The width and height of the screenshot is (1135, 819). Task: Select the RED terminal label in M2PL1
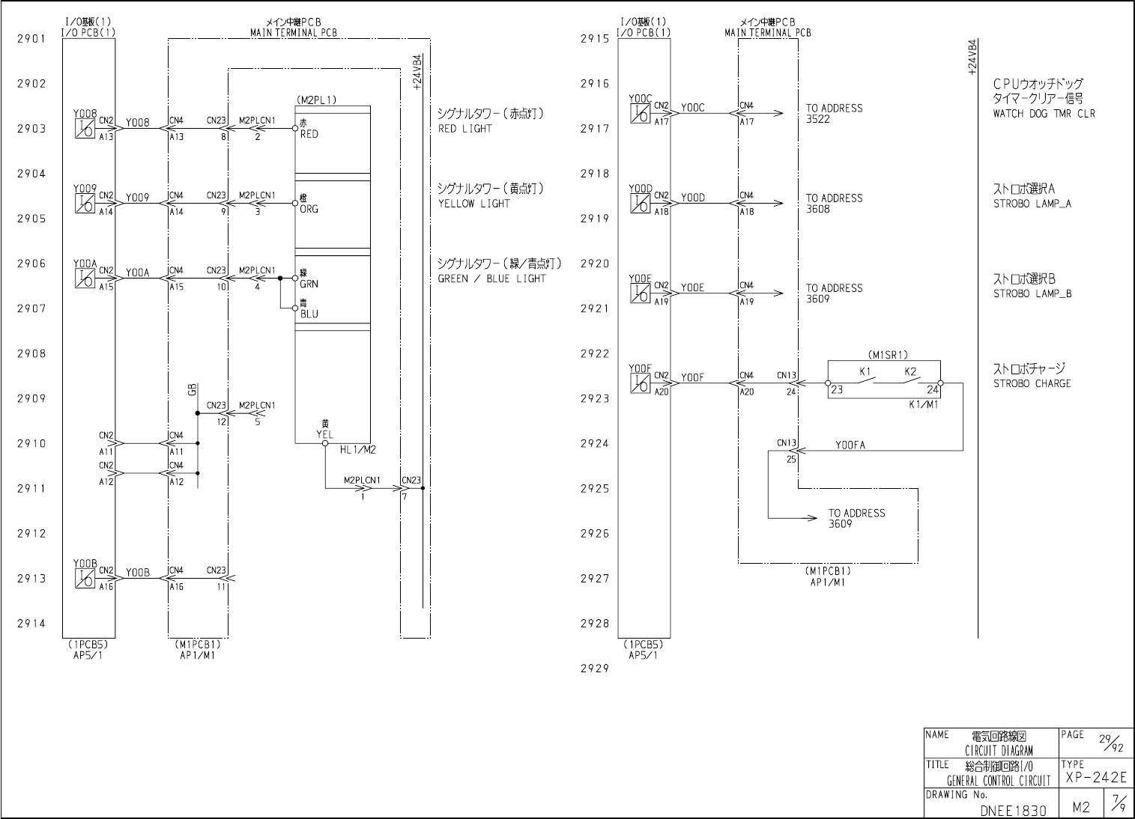pos(309,135)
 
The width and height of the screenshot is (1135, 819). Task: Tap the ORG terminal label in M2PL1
pos(309,210)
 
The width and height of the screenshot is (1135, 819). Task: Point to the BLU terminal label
pos(309,314)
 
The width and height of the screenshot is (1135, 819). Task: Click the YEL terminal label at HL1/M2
pos(325,435)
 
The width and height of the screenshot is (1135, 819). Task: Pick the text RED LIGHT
pos(465,129)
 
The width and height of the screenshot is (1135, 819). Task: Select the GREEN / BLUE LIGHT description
pos(492,278)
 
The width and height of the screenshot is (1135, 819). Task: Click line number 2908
pos(31,353)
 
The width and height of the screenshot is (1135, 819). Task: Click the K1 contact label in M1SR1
pos(865,372)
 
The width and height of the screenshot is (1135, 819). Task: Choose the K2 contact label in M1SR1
pos(910,372)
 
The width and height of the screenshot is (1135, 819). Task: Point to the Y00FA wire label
pos(850,445)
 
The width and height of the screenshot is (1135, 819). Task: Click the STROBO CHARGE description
pos(1032,384)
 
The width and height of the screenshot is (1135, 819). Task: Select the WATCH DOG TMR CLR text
pos(1044,114)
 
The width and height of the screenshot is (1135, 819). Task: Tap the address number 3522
pos(818,119)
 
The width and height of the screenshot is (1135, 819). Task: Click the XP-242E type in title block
pos(1095,778)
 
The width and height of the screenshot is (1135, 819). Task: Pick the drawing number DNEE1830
pos(1013,810)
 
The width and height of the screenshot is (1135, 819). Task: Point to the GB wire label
pos(193,389)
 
